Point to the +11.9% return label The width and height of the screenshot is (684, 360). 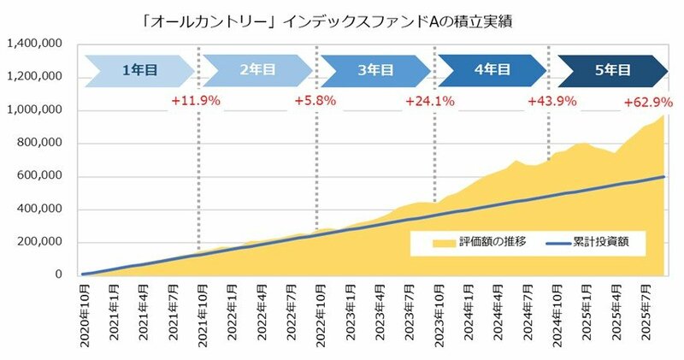click(196, 101)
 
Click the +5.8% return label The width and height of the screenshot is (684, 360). click(315, 101)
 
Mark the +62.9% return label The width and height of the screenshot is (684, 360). click(647, 101)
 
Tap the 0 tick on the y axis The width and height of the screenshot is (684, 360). click(60, 274)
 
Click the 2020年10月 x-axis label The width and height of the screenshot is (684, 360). click(85, 317)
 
